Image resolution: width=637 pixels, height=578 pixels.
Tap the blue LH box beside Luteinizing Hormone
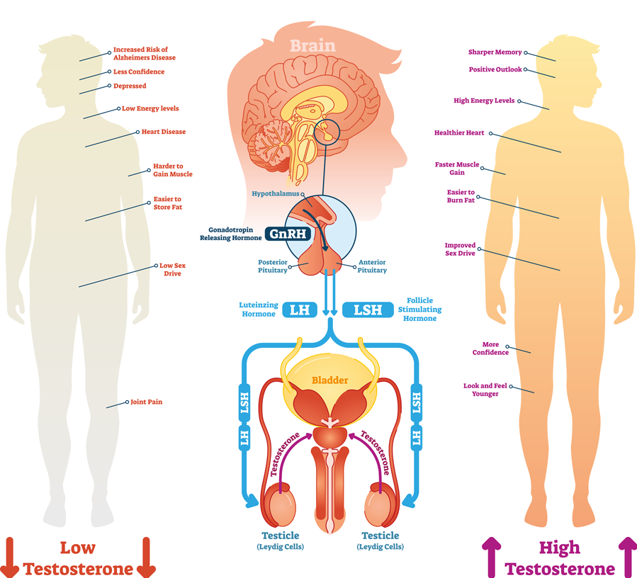click(x=300, y=310)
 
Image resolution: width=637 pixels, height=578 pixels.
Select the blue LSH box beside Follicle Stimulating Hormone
click(x=368, y=310)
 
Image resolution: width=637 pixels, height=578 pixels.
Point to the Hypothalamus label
click(x=275, y=193)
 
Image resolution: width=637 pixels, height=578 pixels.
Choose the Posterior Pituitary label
click(x=274, y=266)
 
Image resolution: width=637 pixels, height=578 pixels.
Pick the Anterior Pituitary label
click(x=372, y=266)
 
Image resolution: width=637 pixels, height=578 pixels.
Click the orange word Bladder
click(x=330, y=380)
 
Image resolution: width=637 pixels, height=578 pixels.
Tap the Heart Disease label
click(x=163, y=132)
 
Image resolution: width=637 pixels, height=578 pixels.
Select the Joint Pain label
click(x=146, y=402)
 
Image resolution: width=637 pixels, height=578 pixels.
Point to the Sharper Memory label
click(x=495, y=52)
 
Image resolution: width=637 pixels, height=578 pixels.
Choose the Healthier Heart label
click(x=459, y=132)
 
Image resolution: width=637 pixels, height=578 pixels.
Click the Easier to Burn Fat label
click(x=461, y=196)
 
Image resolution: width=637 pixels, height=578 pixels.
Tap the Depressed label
click(x=130, y=86)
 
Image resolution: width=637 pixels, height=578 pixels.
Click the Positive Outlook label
click(x=495, y=69)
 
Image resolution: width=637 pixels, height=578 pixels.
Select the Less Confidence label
click(x=139, y=72)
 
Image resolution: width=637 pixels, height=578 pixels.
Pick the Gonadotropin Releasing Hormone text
click(x=233, y=234)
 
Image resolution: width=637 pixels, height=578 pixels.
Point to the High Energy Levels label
click(x=484, y=101)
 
